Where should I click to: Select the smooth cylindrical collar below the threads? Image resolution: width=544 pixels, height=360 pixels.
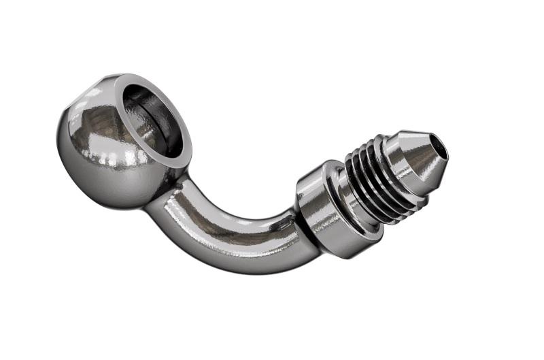tap(320, 214)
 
